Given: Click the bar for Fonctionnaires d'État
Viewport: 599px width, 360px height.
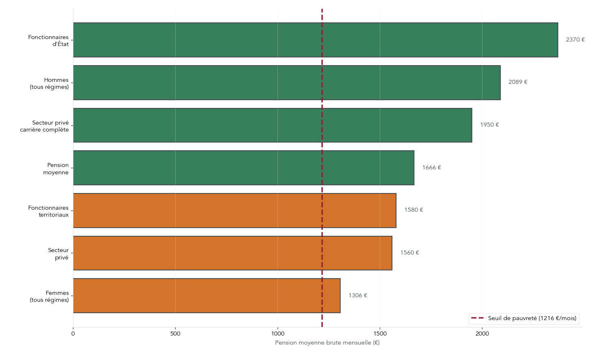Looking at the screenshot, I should (x=315, y=40).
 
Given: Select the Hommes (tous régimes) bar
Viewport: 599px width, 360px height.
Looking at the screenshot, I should (x=287, y=83).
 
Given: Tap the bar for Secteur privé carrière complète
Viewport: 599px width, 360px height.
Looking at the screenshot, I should (x=273, y=125).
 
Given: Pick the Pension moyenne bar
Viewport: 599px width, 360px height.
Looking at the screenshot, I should (x=244, y=168).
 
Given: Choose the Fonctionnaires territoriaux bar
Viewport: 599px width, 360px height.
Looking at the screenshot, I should (x=235, y=211).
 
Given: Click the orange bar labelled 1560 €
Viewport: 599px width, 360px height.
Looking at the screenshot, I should (x=233, y=253).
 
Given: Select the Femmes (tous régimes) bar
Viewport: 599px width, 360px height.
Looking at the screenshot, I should (x=207, y=296).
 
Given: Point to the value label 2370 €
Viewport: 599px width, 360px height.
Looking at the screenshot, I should (x=575, y=40).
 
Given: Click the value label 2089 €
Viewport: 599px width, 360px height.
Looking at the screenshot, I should (x=518, y=82).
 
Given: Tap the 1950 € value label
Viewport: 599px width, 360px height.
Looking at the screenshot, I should (x=489, y=125).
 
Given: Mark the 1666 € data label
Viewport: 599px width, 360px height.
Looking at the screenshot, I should (x=431, y=168).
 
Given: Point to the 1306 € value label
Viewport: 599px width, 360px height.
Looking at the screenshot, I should (x=357, y=296).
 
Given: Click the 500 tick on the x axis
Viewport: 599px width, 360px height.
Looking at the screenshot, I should (x=175, y=334).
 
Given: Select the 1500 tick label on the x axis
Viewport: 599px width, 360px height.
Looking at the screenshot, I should (x=380, y=334).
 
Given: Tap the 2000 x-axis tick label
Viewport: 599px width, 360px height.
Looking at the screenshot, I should (x=482, y=334).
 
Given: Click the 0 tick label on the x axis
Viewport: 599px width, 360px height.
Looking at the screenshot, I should (x=73, y=334).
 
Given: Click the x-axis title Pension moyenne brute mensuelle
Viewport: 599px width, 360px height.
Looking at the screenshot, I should (x=327, y=343).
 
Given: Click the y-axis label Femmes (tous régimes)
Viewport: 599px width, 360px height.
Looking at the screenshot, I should (x=49, y=296).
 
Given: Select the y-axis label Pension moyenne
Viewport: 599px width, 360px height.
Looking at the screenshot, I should (x=56, y=169).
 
